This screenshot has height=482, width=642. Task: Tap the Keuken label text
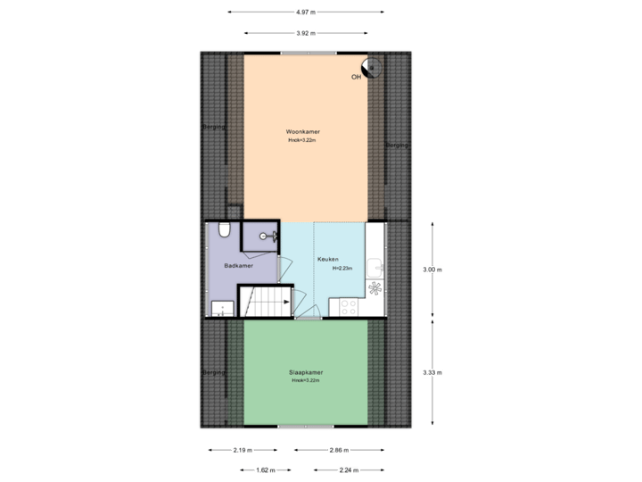pos(328,259)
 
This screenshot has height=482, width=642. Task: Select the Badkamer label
pos(238,266)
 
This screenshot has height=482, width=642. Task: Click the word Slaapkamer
pos(305,372)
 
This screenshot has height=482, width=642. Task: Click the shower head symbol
pos(266,236)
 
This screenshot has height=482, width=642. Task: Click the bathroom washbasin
pos(218,310)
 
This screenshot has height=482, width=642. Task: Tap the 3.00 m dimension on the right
pos(432,269)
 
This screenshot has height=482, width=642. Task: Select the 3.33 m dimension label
pos(432,372)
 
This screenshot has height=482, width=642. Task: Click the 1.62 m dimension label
pos(266,470)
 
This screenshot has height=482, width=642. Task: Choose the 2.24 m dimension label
pos(349,470)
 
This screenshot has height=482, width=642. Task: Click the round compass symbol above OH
pos(369,66)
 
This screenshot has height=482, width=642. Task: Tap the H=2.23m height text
pos(342,268)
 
